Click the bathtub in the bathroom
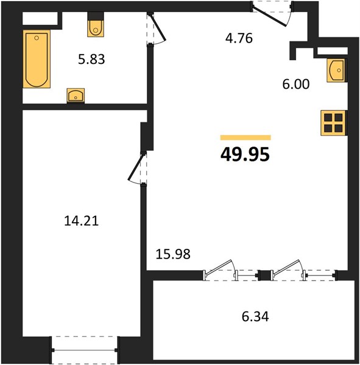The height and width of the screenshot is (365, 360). click(x=37, y=59)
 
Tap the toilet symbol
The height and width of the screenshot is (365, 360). click(x=96, y=29)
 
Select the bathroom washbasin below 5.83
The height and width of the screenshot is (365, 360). click(x=76, y=96)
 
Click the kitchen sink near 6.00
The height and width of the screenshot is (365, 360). click(x=336, y=71)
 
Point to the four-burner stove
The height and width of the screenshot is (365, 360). click(x=333, y=123)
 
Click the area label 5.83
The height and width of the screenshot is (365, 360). click(x=91, y=59)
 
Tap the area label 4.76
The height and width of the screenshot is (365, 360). click(x=239, y=38)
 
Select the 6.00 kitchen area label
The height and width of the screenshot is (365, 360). click(x=296, y=84)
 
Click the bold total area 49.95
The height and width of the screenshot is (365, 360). click(x=245, y=155)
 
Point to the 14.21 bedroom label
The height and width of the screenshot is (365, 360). click(x=82, y=221)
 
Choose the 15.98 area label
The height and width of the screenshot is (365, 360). click(x=173, y=254)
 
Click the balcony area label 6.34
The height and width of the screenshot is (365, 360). click(x=255, y=317)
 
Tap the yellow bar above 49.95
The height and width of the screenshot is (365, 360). click(x=245, y=137)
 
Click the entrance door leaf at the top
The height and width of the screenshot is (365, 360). click(x=269, y=17)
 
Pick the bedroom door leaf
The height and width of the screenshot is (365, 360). click(x=135, y=167)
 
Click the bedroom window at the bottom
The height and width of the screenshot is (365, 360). click(x=84, y=350)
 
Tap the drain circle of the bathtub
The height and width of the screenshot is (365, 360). click(x=37, y=38)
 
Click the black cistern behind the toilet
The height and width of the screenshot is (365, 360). click(x=96, y=16)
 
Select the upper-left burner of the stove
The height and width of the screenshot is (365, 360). click(x=328, y=117)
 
